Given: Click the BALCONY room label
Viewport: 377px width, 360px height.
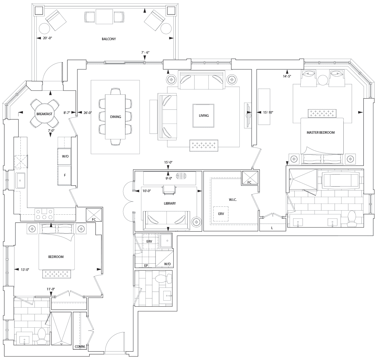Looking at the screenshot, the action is (x=109, y=39).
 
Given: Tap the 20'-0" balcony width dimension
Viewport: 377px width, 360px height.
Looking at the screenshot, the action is (x=47, y=38).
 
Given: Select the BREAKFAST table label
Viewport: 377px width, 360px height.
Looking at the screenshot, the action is (x=44, y=114).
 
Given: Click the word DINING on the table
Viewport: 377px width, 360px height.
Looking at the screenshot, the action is (x=116, y=117).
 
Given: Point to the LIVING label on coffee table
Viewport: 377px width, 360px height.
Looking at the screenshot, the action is (x=204, y=116).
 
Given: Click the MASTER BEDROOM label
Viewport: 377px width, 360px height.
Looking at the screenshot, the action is (x=321, y=132).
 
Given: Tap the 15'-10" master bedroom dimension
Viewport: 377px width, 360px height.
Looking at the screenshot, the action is (x=268, y=112).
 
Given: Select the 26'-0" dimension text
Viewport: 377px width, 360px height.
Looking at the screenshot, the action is (x=88, y=112).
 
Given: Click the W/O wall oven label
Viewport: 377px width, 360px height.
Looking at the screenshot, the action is (x=65, y=156).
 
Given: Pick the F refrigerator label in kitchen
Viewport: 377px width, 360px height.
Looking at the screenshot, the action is (x=65, y=175).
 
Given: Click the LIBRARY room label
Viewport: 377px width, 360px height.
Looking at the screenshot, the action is (x=170, y=203).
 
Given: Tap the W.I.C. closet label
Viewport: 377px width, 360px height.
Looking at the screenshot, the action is (x=233, y=200).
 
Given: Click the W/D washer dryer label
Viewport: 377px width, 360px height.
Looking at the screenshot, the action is (x=167, y=264).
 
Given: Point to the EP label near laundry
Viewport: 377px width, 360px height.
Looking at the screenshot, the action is (x=146, y=266).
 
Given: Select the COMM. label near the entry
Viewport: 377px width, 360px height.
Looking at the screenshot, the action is (x=80, y=347).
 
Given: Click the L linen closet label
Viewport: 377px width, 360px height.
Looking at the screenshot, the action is (x=272, y=228).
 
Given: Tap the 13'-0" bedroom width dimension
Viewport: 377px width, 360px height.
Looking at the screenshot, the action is (x=25, y=269).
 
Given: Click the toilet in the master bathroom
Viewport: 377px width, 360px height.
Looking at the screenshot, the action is (x=352, y=218).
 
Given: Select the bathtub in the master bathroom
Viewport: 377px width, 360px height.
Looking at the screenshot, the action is (x=340, y=180).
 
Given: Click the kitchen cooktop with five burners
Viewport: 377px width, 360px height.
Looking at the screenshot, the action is (x=44, y=214).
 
